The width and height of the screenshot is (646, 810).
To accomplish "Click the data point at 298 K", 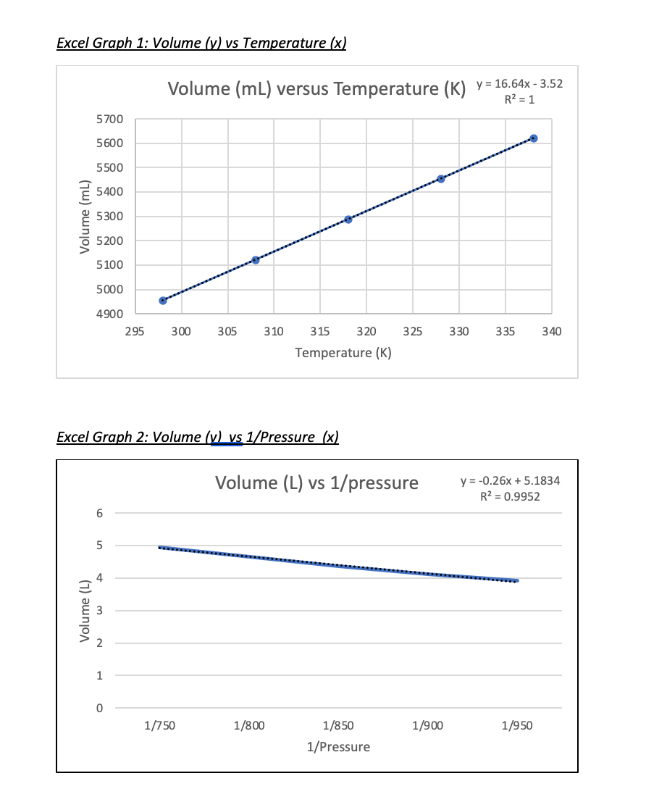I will pyautogui.click(x=162, y=301).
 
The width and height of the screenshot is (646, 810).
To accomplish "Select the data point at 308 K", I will pyautogui.click(x=255, y=260).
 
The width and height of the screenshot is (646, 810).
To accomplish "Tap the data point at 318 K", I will pyautogui.click(x=348, y=220).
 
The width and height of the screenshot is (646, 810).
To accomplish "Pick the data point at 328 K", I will pyautogui.click(x=441, y=179).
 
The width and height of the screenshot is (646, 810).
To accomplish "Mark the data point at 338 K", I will pyautogui.click(x=534, y=138).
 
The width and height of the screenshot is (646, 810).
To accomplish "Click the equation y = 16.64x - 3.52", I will pyautogui.click(x=519, y=84).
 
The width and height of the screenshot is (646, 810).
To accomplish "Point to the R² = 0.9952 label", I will pyautogui.click(x=511, y=496).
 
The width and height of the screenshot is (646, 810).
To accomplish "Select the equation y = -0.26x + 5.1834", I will pyautogui.click(x=511, y=482).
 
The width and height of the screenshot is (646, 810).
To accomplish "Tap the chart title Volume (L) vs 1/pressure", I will pyautogui.click(x=316, y=483).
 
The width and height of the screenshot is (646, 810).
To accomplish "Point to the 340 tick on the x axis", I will pyautogui.click(x=551, y=331).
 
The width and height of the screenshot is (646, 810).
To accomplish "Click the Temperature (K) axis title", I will pyautogui.click(x=343, y=353).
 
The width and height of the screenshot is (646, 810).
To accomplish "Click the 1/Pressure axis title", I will pyautogui.click(x=338, y=747).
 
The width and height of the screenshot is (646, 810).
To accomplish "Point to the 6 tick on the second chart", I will pyautogui.click(x=100, y=513).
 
